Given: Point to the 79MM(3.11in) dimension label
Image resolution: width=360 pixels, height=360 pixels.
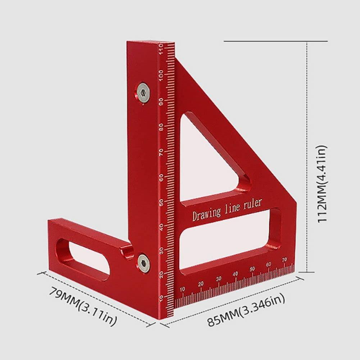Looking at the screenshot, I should [82, 305].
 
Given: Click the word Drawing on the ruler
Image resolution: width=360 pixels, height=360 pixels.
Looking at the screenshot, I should [206, 213].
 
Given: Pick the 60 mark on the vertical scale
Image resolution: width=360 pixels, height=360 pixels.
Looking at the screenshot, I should [161, 178].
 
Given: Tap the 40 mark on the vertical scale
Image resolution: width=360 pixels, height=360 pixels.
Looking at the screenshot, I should [161, 228].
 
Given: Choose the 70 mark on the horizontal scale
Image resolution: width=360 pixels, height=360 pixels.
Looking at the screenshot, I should [285, 260].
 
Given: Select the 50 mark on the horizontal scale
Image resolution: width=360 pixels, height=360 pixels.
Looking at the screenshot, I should [252, 269].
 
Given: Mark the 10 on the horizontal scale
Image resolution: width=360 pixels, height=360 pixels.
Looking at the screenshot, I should [182, 289].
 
